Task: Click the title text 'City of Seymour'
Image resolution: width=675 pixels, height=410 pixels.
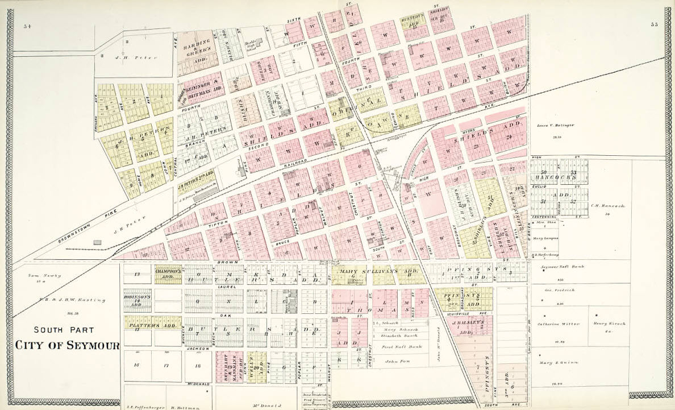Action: tap(67, 345)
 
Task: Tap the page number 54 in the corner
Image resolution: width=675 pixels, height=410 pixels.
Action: tap(27, 26)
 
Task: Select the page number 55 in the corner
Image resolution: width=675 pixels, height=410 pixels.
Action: tap(654, 24)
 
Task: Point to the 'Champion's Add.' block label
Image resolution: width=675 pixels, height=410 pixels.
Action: tap(168, 273)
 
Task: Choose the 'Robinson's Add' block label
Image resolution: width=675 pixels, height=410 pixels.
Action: tap(139, 300)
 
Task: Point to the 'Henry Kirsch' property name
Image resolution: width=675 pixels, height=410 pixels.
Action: tap(610, 324)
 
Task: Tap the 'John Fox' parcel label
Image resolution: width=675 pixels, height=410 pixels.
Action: tap(396, 361)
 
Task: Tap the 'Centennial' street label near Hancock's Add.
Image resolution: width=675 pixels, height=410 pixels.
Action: tap(543, 217)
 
